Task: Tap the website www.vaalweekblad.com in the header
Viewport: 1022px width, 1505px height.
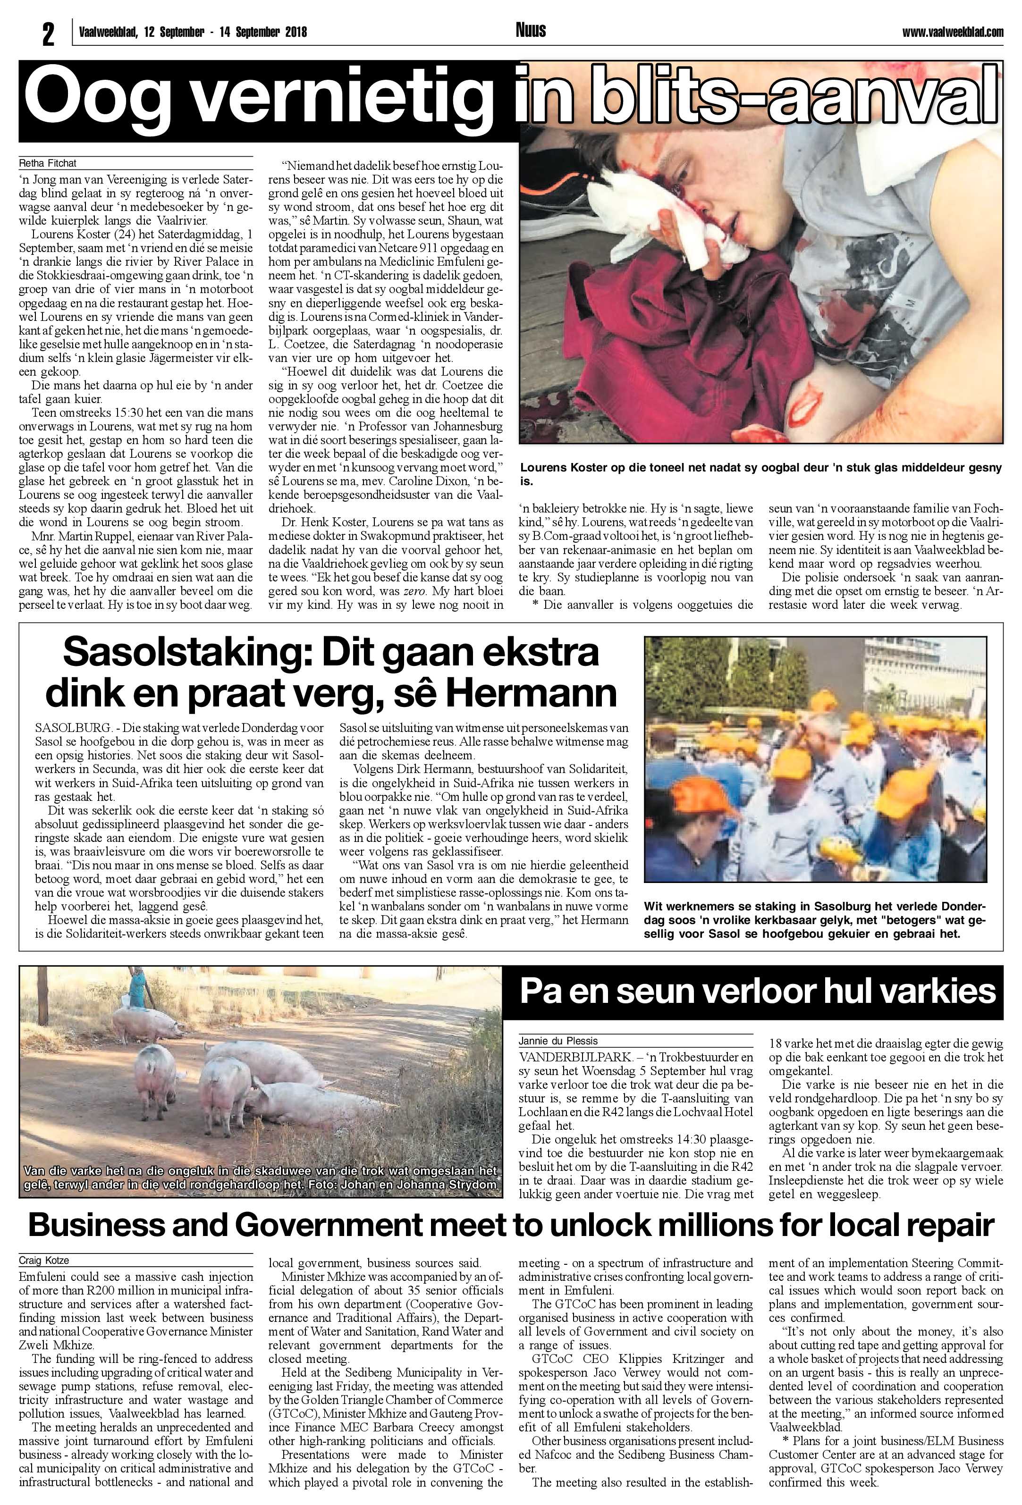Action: tap(952, 32)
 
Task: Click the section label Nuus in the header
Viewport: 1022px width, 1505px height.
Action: tap(531, 30)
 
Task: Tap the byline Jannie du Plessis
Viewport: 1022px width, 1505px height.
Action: tap(557, 1042)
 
